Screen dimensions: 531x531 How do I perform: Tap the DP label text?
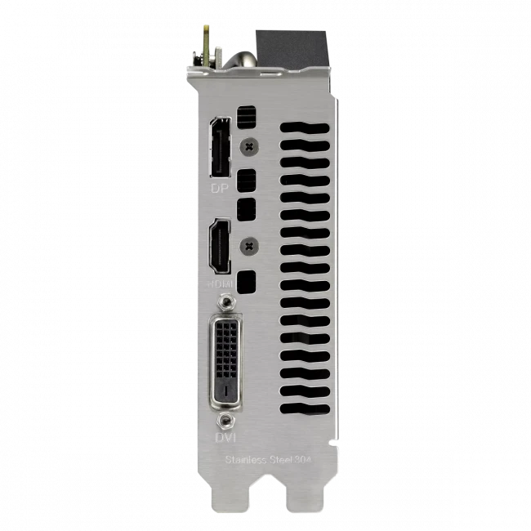(x=218, y=188)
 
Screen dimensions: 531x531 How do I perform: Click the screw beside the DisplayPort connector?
(x=249, y=145)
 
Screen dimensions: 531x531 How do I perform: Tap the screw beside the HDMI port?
(x=249, y=243)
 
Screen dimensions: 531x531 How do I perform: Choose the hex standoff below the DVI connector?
(x=226, y=421)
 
